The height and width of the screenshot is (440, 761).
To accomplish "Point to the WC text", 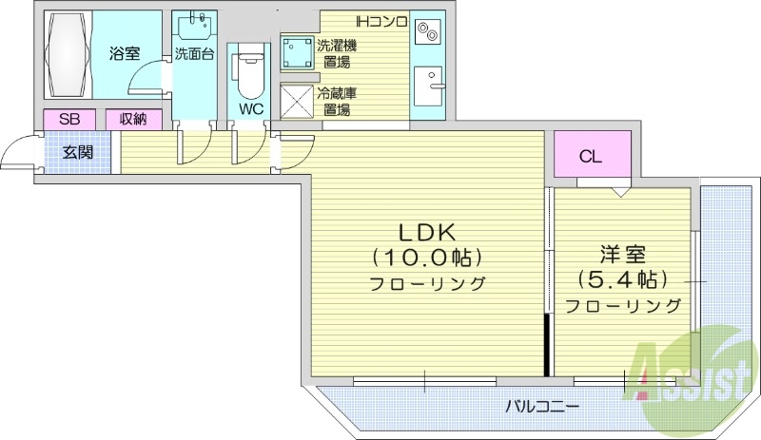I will pyautogui.click(x=250, y=108).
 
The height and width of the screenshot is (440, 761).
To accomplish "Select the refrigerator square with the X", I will pyautogui.click(x=297, y=99).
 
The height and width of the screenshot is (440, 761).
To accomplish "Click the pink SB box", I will pyautogui.click(x=69, y=120).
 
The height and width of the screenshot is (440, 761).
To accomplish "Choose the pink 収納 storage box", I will pyautogui.click(x=133, y=120).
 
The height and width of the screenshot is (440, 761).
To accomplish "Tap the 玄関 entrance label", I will pyautogui.click(x=78, y=151).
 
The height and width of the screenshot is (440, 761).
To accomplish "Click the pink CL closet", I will pyautogui.click(x=591, y=158).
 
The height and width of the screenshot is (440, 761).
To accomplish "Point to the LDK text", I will pyautogui.click(x=428, y=231).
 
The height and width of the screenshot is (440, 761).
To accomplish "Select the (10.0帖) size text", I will pyautogui.click(x=428, y=257).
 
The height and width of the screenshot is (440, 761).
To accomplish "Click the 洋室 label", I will pyautogui.click(x=623, y=255).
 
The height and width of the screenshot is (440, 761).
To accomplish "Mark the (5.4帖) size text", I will pyautogui.click(x=623, y=279).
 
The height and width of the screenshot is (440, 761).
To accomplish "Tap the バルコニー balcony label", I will pyautogui.click(x=541, y=406).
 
